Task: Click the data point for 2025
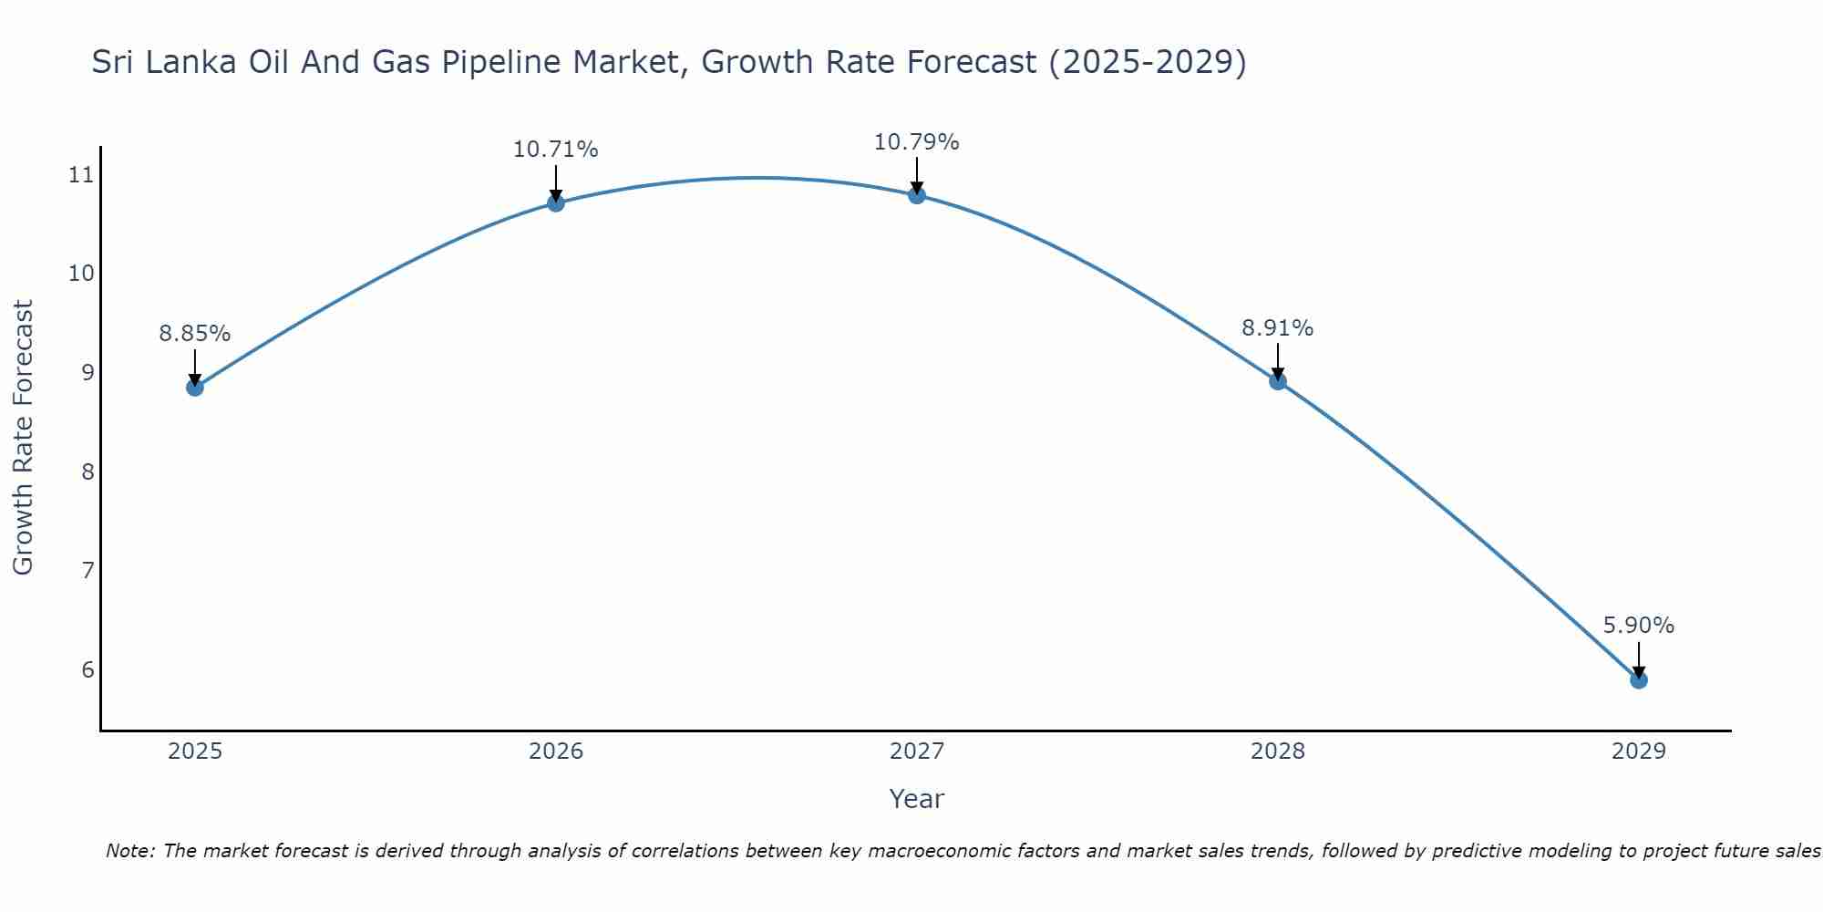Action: [195, 388]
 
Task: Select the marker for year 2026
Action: [556, 202]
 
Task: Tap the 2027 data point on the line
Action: [917, 195]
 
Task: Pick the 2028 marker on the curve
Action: [1278, 381]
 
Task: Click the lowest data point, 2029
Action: [1639, 679]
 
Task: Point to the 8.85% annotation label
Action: [195, 334]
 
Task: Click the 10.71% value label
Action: [555, 150]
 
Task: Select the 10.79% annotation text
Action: [916, 142]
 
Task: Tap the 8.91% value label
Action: [1277, 328]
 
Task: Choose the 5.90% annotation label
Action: [1638, 626]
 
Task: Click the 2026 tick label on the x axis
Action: [556, 751]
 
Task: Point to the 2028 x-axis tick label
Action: [1278, 751]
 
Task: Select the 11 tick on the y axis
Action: [82, 174]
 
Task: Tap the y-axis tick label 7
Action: [88, 571]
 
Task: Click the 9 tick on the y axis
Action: [88, 372]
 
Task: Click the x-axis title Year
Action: [916, 799]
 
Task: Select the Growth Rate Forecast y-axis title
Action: [23, 438]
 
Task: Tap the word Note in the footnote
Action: [129, 851]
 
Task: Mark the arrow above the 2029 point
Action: [1639, 658]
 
